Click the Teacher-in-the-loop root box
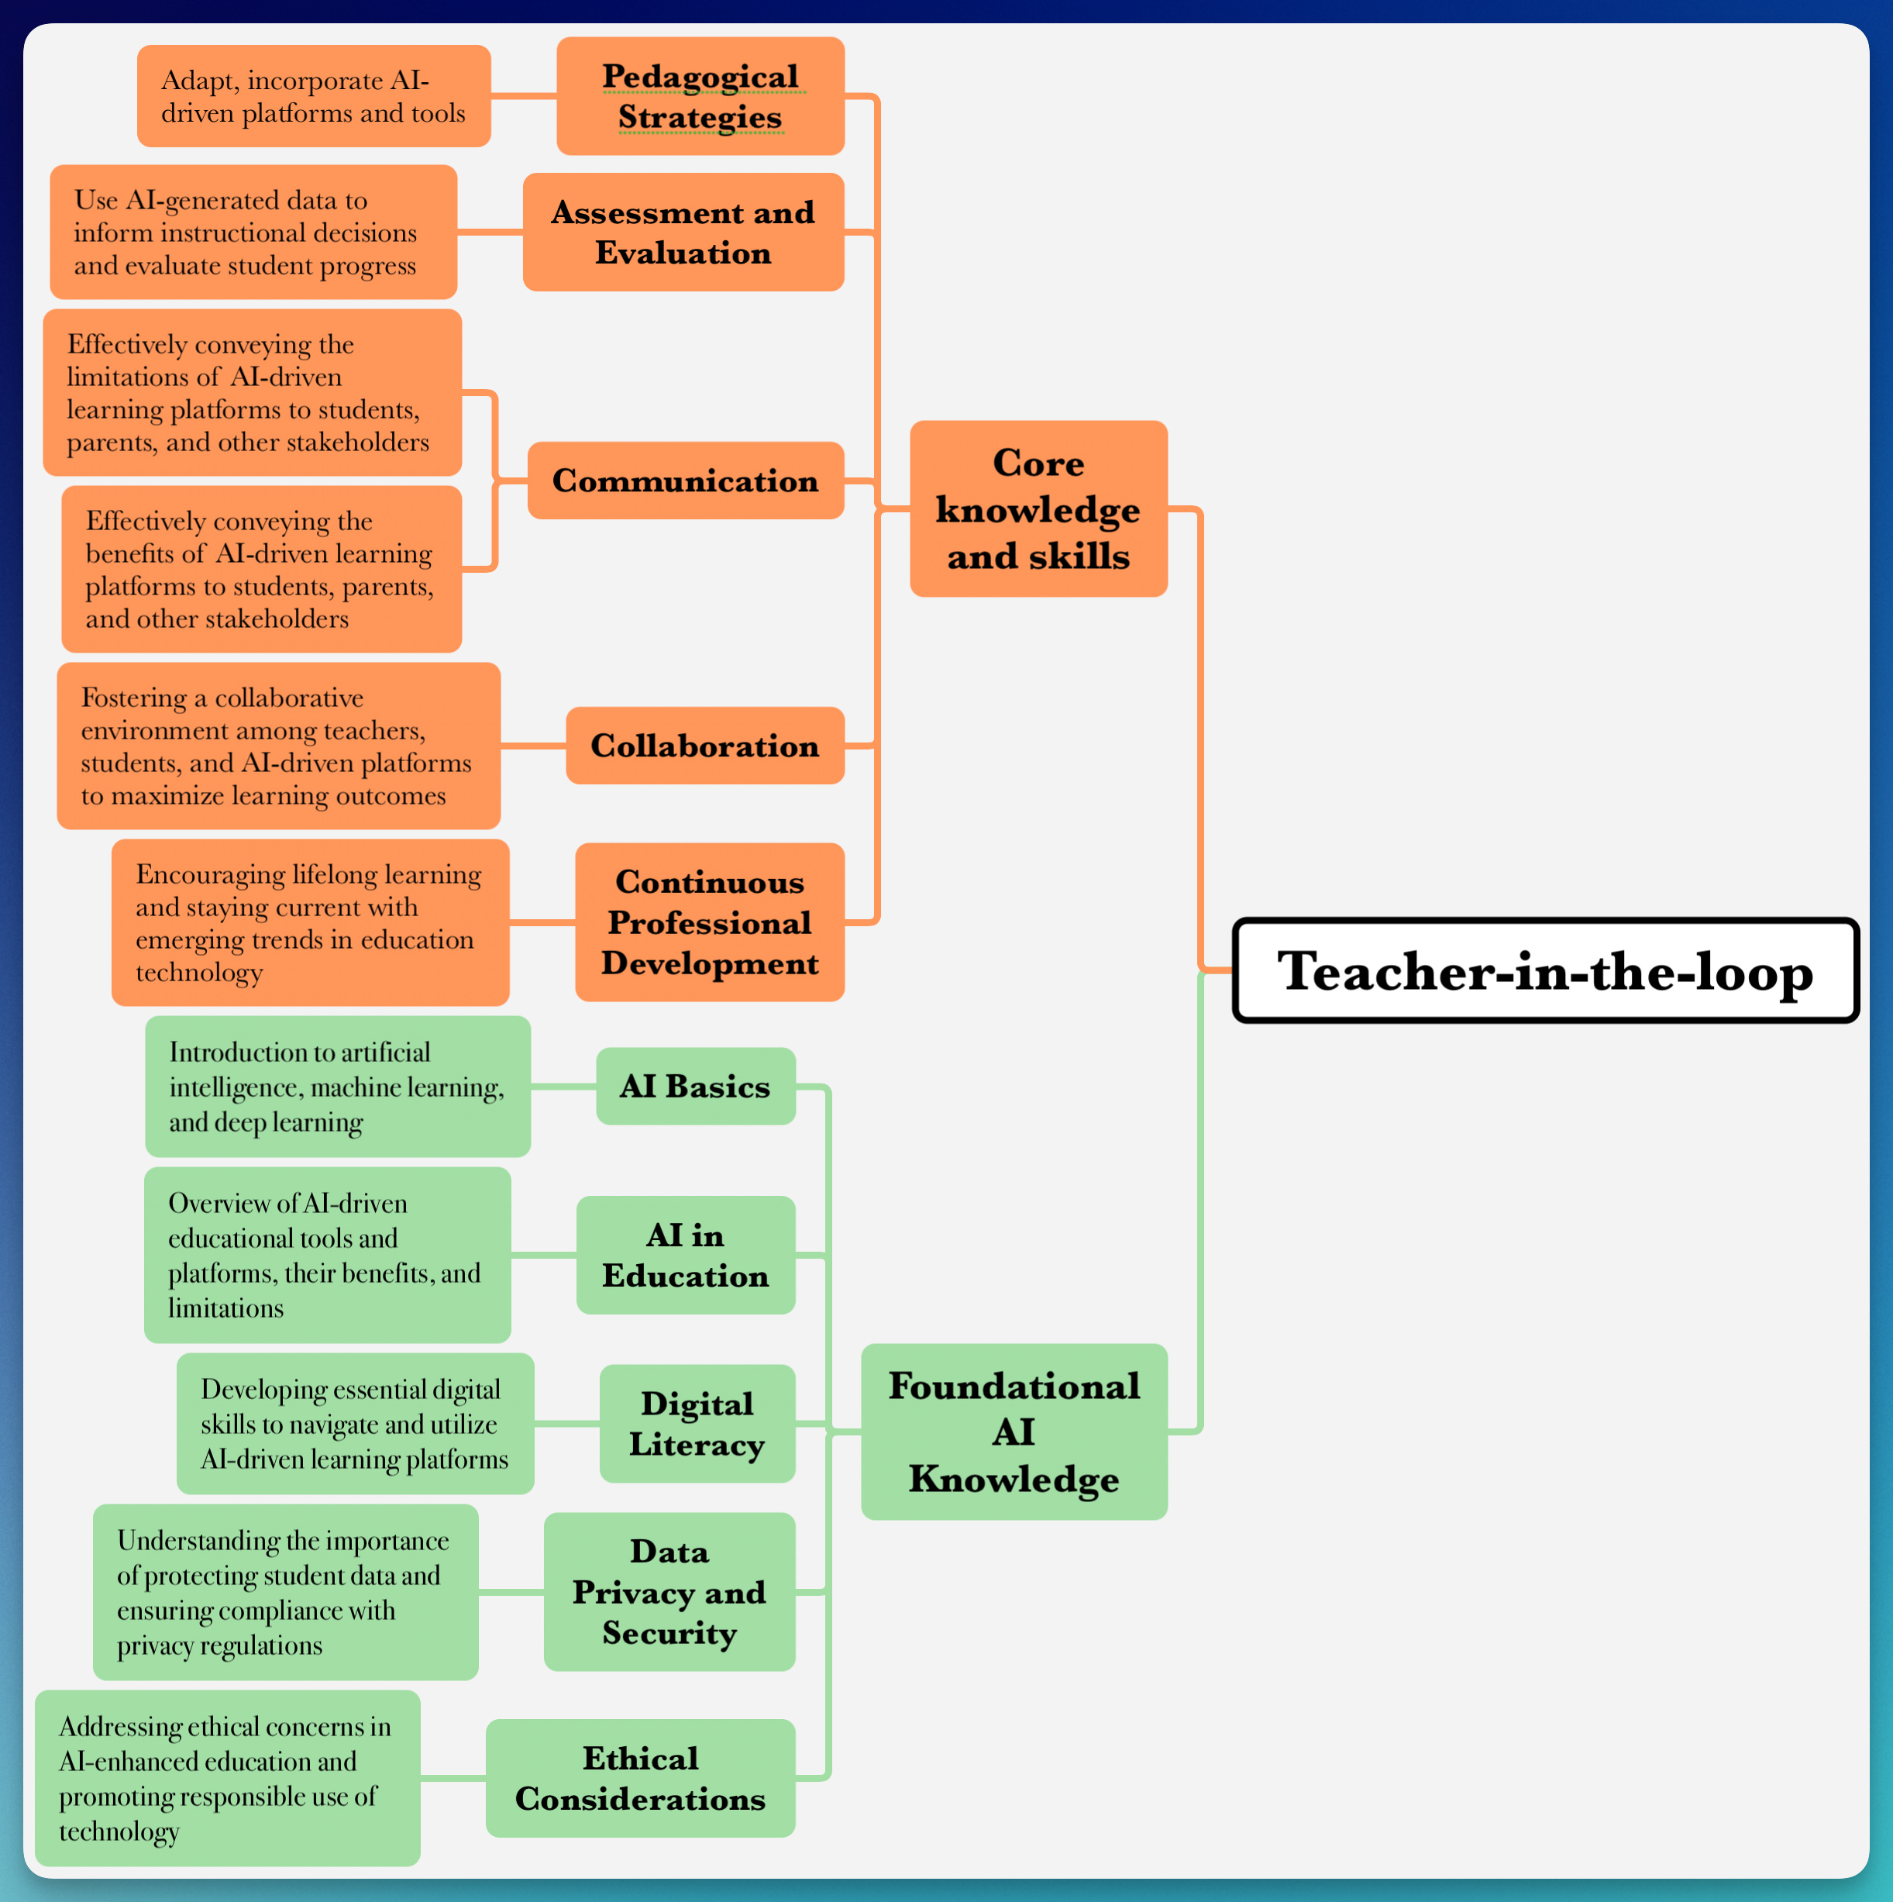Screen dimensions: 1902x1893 click(x=1546, y=970)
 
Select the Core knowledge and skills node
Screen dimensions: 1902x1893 click(x=1038, y=509)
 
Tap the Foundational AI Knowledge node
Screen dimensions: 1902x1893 click(x=1014, y=1432)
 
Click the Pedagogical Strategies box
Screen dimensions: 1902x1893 click(x=700, y=96)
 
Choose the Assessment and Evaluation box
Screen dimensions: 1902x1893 click(x=683, y=233)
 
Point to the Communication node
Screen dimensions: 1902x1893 click(x=685, y=481)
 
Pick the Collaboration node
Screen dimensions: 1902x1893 click(x=705, y=746)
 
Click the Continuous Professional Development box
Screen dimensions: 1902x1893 click(x=710, y=922)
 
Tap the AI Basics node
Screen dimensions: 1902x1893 click(x=695, y=1086)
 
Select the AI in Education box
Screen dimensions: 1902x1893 click(x=685, y=1255)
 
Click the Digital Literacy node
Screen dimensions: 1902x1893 click(x=697, y=1424)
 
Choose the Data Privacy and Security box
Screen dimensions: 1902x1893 click(x=669, y=1592)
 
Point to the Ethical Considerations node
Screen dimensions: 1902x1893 click(x=640, y=1778)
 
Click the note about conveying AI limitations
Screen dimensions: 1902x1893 click(x=252, y=393)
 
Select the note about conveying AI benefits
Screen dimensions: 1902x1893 click(x=261, y=569)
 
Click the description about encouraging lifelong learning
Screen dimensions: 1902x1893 click(x=310, y=922)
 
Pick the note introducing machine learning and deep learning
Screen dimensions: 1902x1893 click(x=338, y=1086)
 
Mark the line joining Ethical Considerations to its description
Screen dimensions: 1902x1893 click(x=453, y=1778)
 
